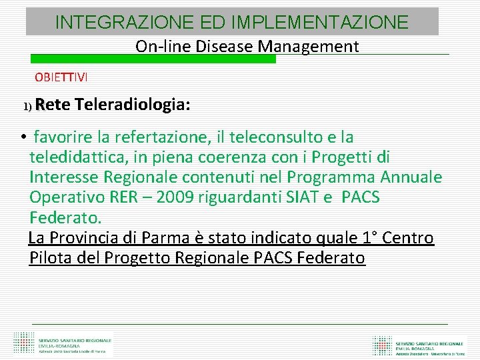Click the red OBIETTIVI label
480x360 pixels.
tap(61, 77)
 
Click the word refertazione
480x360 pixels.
tap(163, 137)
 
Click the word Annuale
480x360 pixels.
tap(411, 177)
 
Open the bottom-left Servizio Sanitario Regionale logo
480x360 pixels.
tap(63, 344)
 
